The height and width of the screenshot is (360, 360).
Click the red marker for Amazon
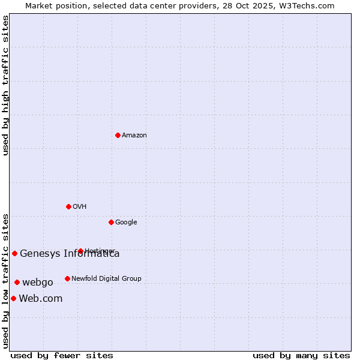pyautogui.click(x=118, y=135)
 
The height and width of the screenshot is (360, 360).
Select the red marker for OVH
pyautogui.click(x=68, y=206)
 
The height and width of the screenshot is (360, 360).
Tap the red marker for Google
pyautogui.click(x=111, y=222)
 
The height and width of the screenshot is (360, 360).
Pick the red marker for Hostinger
pyautogui.click(x=80, y=251)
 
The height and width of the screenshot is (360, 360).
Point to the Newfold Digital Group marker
pyautogui.click(x=67, y=278)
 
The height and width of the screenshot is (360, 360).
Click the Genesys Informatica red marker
pyautogui.click(x=14, y=253)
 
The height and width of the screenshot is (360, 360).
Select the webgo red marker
pyautogui.click(x=17, y=282)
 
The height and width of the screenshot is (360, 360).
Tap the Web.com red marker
pyautogui.click(x=13, y=298)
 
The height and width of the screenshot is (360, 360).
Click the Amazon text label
pyautogui.click(x=134, y=135)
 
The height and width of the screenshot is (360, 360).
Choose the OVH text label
pyautogui.click(x=80, y=206)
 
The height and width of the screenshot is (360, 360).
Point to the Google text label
pyautogui.click(x=126, y=222)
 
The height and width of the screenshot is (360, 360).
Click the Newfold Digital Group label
pyautogui.click(x=106, y=278)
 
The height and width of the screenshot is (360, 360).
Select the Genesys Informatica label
pyautogui.click(x=70, y=253)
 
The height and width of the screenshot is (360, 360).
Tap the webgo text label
pyautogui.click(x=38, y=282)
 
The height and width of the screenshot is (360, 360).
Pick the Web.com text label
pyautogui.click(x=41, y=298)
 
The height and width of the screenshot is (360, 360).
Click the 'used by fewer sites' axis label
pyautogui.click(x=62, y=355)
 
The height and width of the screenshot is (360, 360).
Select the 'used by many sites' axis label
pyautogui.click(x=301, y=355)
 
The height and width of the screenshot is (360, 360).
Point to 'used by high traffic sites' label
pyautogui.click(x=5, y=85)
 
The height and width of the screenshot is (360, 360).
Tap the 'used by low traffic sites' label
pyautogui.click(x=5, y=281)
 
